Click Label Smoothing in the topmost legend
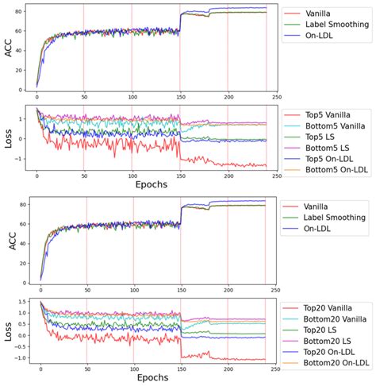(x=331, y=24)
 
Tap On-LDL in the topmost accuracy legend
(x=319, y=36)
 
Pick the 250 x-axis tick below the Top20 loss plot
(x=274, y=368)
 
